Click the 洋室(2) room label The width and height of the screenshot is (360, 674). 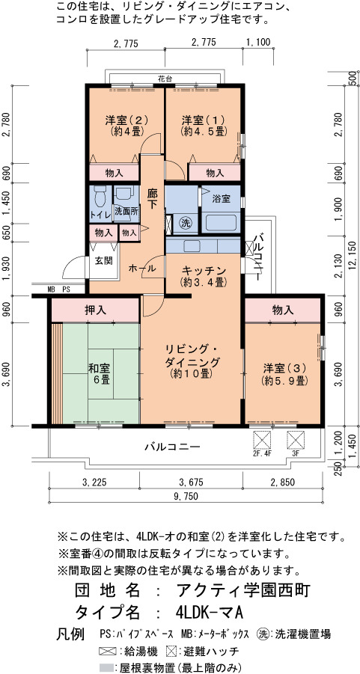[126, 120]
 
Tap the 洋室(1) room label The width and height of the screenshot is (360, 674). [203, 120]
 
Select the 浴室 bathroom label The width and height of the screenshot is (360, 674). [221, 199]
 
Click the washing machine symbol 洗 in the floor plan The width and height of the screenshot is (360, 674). [186, 223]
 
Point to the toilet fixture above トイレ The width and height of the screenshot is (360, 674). [100, 195]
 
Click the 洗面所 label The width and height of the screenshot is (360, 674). [126, 212]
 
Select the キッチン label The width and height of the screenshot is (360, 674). [204, 270]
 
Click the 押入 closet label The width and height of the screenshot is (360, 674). [96, 310]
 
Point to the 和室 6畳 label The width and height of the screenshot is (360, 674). [99, 374]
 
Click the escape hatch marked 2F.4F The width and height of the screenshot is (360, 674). [263, 440]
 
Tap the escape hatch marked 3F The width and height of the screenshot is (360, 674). [296, 440]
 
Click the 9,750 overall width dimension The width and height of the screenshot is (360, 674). [186, 497]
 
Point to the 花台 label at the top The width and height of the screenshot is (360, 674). [165, 79]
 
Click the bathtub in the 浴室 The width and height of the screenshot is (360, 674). [221, 223]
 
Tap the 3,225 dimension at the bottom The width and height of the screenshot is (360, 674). [94, 482]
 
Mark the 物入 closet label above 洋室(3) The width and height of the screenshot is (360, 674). [283, 310]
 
